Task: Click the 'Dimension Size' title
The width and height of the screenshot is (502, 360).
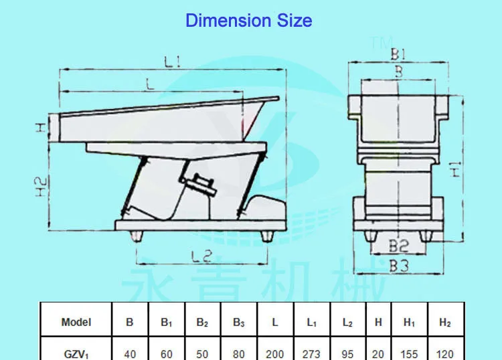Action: [x=248, y=21]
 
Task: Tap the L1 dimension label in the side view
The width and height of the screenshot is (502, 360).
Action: [x=174, y=62]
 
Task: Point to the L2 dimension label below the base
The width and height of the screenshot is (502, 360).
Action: [x=199, y=255]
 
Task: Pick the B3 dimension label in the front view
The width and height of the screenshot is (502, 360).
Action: [x=399, y=266]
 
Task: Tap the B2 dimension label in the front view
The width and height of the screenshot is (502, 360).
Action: [x=399, y=246]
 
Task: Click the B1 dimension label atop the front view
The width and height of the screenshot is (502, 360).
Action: [x=399, y=53]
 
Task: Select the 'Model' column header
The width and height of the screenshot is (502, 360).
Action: [x=76, y=323]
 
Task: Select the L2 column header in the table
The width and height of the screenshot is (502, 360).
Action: [x=347, y=323]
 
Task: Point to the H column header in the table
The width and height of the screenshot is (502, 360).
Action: [x=378, y=323]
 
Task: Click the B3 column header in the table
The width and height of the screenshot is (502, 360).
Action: [x=238, y=323]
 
